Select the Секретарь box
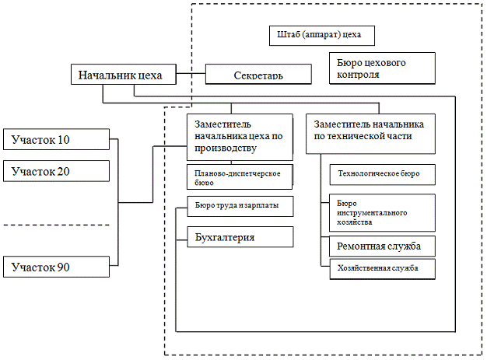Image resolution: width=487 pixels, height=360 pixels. click(258, 75)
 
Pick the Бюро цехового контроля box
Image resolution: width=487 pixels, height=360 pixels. click(381, 68)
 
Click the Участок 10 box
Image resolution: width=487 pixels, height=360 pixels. click(55, 139)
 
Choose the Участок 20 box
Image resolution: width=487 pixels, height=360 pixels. click(55, 171)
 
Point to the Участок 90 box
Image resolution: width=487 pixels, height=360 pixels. click(55, 267)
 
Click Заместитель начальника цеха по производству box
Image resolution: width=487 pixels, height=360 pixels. click(240, 136)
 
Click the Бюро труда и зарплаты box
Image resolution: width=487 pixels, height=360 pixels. click(240, 206)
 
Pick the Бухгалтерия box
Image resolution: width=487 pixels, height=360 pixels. click(240, 236)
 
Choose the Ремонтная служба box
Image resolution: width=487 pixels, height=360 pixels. click(378, 246)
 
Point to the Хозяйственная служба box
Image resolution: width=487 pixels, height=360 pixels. click(378, 268)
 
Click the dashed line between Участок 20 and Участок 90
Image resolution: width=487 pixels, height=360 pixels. click(54, 225)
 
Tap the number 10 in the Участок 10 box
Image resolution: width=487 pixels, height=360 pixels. click(62, 139)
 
